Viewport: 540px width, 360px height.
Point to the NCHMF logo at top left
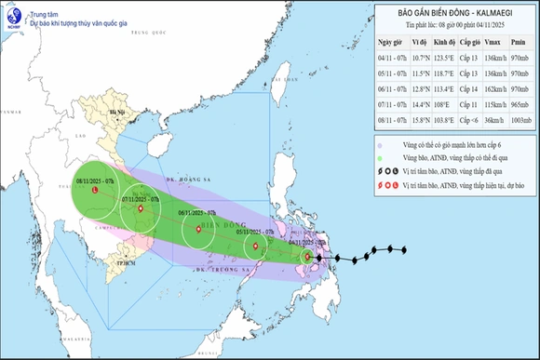12,14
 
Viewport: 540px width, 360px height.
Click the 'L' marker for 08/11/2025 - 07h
97,190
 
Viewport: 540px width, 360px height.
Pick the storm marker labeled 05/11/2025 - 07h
253,246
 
